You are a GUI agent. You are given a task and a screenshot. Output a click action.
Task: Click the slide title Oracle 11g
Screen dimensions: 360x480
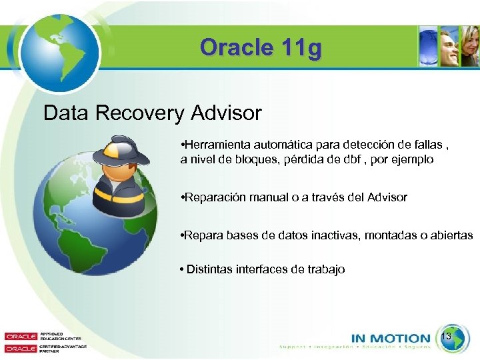(260, 48)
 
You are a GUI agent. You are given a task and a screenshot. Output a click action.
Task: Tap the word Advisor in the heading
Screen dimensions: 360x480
(226, 113)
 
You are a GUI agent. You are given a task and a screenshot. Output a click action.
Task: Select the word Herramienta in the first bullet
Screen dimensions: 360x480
(217, 145)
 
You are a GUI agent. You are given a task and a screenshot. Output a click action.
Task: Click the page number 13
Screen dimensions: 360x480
(447, 337)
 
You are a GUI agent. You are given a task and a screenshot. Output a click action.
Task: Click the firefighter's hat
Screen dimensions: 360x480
(120, 150)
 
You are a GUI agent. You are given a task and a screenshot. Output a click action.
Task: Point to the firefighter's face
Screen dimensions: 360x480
(121, 173)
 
